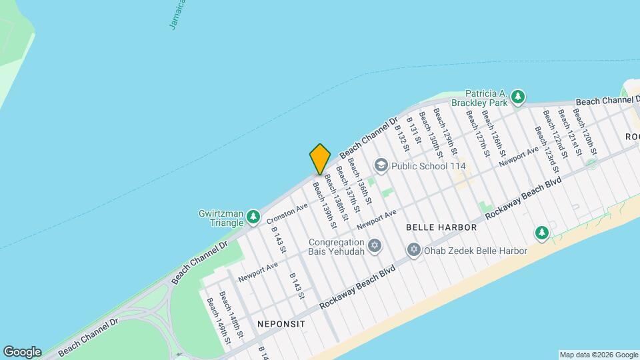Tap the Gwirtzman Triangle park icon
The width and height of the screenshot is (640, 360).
(253, 216)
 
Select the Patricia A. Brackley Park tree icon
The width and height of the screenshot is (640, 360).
(519, 99)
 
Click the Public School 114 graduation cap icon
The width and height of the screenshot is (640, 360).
(381, 165)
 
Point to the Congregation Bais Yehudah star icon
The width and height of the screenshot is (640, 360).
(374, 247)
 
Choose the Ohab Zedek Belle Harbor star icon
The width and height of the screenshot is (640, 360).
(413, 251)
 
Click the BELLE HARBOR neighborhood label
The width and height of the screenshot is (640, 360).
(441, 227)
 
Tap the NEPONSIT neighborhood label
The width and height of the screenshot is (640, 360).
(281, 324)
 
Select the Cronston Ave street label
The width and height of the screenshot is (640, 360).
(287, 213)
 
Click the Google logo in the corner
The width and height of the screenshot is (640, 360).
(22, 351)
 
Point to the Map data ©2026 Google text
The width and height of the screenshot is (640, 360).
(598, 355)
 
